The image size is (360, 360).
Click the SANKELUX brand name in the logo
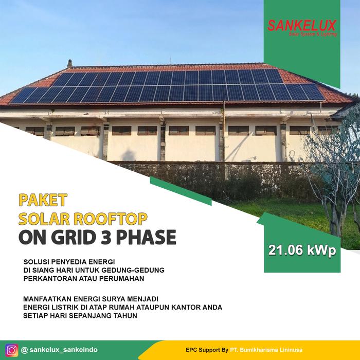[302, 25]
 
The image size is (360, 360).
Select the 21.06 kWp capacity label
[302, 250]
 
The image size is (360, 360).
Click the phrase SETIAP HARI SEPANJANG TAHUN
[80, 315]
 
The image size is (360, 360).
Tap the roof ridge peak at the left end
[69, 63]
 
